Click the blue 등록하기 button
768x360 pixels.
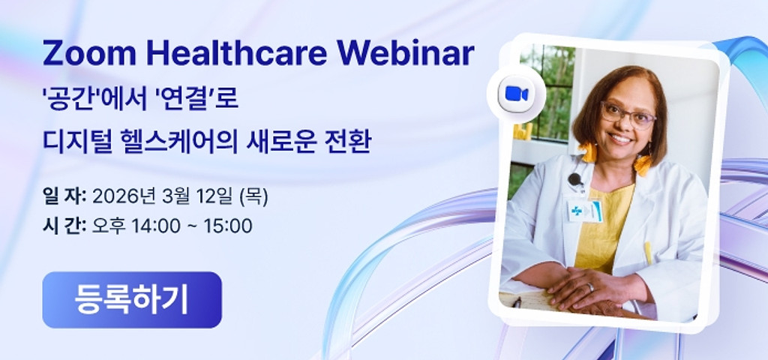[x=132, y=300]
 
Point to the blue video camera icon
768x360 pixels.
[x=516, y=94]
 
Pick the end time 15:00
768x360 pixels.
[x=228, y=226]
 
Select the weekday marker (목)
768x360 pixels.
[x=253, y=197]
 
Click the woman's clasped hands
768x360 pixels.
[x=592, y=289]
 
